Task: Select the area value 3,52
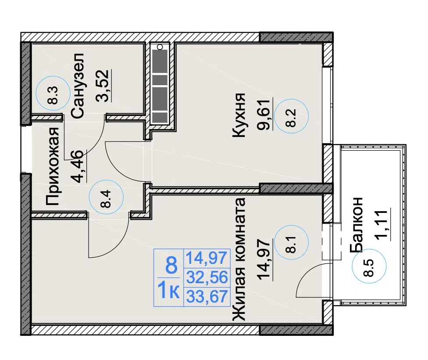coord(103,86)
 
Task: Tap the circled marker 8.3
coord(53,93)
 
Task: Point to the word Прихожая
coord(52,166)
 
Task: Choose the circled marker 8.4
coord(107,197)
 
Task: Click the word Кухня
coord(239,115)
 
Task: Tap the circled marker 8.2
coord(292,116)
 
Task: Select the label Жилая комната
coord(239,259)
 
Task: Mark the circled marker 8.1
coord(292,242)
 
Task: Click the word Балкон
coord(356,224)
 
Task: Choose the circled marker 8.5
coord(369,266)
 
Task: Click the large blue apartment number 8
coord(171,265)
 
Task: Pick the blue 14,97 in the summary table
coord(207,258)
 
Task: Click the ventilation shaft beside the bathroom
coord(160,86)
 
